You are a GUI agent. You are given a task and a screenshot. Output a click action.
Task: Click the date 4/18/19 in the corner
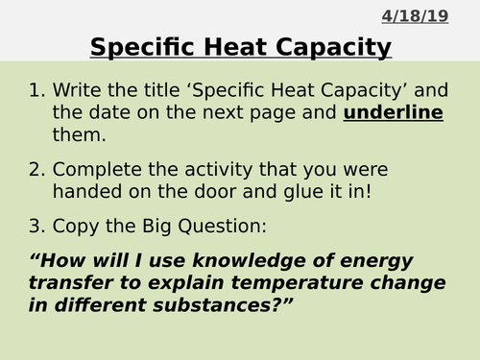pyautogui.click(x=415, y=16)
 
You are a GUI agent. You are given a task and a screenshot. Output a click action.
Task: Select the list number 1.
pyautogui.click(x=36, y=91)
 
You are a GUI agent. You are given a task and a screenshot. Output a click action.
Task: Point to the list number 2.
pyautogui.click(x=36, y=170)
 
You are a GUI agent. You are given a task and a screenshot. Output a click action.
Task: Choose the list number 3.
pyautogui.click(x=36, y=228)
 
